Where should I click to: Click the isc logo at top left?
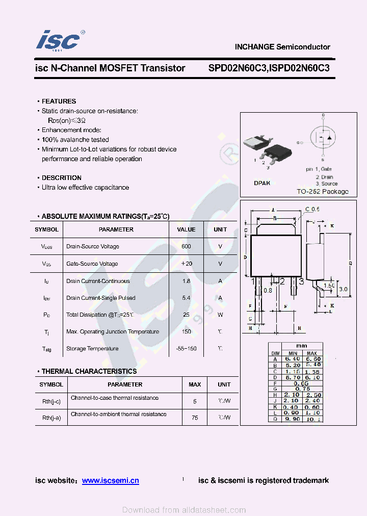59,40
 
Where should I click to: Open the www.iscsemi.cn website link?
110,480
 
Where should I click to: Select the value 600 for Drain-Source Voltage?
186,246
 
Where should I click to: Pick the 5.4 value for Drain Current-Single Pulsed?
186,298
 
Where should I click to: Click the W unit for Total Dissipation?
220,315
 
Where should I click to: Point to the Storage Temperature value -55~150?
186,349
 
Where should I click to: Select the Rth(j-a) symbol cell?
51,418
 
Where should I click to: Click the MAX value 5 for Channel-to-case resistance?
194,401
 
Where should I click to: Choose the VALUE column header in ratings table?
186,229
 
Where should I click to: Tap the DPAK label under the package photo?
262,183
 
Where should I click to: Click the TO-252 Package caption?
323,192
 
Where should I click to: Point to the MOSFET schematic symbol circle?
323,136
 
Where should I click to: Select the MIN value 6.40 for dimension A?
293,359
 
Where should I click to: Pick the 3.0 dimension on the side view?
343,289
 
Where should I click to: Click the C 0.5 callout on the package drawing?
312,209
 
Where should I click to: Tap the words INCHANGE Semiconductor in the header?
282,47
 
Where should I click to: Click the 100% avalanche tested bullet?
75,140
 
